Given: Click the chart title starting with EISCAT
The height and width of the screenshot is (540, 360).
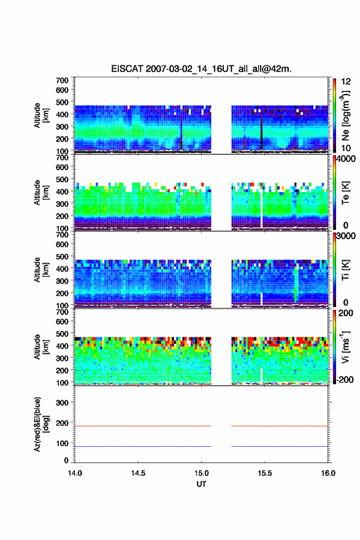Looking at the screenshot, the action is (201, 69).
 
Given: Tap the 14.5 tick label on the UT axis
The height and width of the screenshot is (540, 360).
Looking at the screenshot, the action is (138, 473).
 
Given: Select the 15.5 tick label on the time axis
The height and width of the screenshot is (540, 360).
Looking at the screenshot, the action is (265, 473).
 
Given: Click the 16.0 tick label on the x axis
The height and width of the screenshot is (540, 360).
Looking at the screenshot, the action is (328, 473).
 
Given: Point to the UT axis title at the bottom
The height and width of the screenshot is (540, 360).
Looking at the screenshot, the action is (201, 484).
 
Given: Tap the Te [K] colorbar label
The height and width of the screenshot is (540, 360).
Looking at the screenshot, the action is (345, 193).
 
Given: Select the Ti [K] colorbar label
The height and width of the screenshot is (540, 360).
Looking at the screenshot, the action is (345, 270).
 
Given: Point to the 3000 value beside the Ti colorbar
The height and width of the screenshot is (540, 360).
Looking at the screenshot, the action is (346, 236).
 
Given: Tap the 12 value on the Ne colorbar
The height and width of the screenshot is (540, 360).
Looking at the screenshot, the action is (346, 82).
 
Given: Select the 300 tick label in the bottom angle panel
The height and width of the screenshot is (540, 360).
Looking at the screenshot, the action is (62, 403).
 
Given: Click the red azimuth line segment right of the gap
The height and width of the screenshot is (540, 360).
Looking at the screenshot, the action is (280, 426).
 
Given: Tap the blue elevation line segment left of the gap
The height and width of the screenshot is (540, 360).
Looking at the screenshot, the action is (143, 446).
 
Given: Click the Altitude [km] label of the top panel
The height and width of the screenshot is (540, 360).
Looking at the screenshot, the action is (40, 116).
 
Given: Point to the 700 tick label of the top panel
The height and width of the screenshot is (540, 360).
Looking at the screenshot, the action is (62, 80).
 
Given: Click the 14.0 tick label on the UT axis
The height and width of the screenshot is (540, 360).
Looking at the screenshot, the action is (75, 473).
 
